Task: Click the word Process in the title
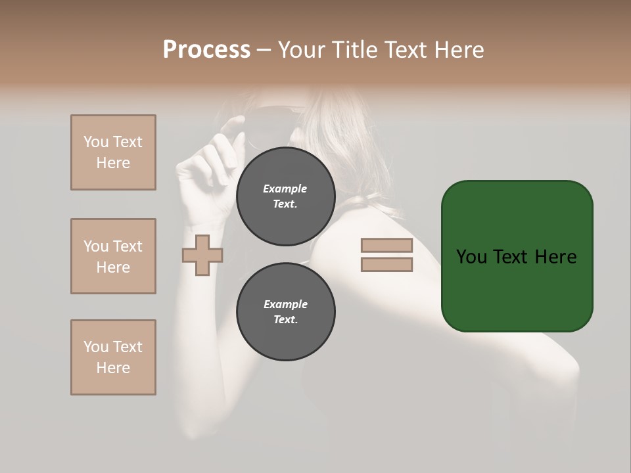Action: coord(206,50)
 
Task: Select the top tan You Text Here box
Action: coord(113,152)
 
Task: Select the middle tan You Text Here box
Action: coord(113,256)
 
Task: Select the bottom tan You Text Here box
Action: coord(113,357)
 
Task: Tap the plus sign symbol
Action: coord(202,255)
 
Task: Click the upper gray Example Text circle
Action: coord(285,196)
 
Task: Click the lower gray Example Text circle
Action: coord(285,312)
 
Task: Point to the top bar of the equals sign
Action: coord(386,246)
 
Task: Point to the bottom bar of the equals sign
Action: coord(386,265)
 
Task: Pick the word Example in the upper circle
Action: coord(285,189)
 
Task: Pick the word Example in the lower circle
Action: coord(285,304)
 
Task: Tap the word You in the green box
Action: coord(471,257)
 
